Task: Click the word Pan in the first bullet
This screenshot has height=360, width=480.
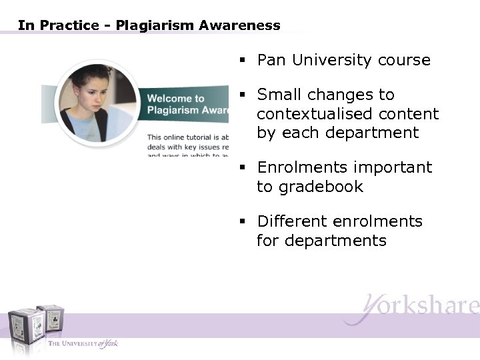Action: point(271,61)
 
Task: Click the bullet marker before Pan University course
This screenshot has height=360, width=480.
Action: point(244,61)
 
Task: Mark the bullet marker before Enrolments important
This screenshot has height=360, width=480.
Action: point(244,168)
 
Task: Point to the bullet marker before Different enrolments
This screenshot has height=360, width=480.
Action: point(244,221)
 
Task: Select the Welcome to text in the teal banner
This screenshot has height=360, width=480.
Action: point(175,99)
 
